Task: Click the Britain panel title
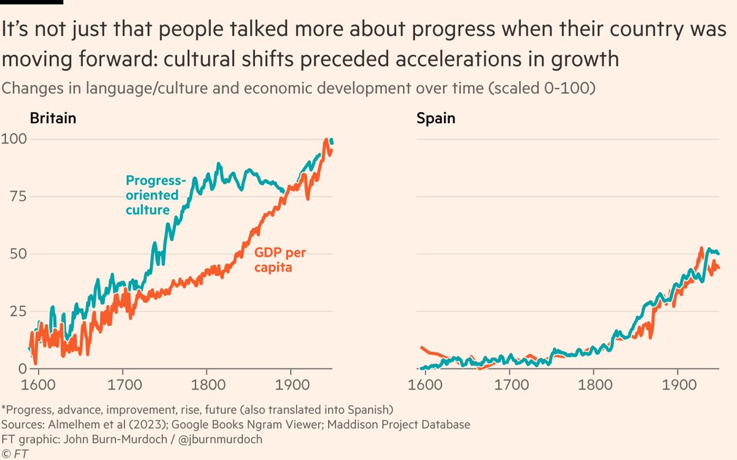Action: coord(53,118)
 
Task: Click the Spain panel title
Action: coord(435,118)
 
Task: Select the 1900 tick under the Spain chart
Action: coord(677,388)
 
